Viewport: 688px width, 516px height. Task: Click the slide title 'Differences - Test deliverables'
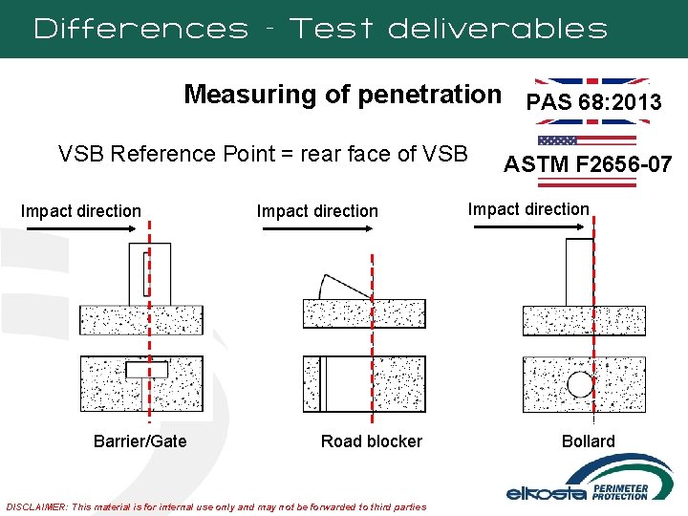coord(320,29)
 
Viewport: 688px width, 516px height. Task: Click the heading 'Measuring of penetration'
coord(342,95)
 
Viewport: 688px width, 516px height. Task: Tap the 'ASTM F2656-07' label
coord(588,165)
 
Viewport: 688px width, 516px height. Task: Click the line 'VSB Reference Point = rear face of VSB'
coord(263,154)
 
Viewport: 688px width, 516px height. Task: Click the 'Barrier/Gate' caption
coord(140,441)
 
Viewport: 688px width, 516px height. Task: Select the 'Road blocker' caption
coord(371,441)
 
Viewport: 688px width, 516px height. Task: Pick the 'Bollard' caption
coord(589,441)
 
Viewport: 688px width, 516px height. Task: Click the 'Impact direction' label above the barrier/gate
coord(80,211)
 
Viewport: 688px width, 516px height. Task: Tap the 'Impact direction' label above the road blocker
coord(317,211)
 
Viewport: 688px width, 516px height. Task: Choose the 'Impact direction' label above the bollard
coord(528,209)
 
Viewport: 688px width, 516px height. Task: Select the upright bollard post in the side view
coord(580,271)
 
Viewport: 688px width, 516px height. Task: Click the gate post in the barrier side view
coord(149,273)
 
